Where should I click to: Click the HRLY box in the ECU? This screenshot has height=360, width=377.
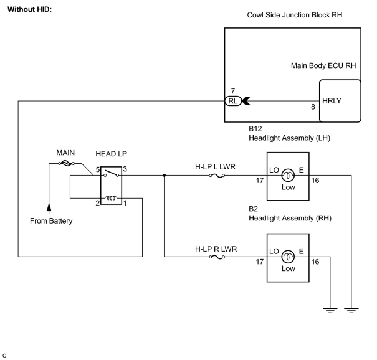click(x=340, y=101)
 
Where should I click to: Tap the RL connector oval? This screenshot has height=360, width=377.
click(x=233, y=101)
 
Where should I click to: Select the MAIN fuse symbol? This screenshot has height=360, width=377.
click(x=66, y=163)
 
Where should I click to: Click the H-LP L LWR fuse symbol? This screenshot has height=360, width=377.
click(x=217, y=176)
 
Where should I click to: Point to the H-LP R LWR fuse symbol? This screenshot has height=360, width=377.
click(x=217, y=257)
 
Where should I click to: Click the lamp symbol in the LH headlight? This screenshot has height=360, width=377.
click(x=288, y=176)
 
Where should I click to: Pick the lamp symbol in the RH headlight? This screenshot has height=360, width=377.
click(x=288, y=257)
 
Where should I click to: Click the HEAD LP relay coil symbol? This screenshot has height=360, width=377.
click(x=111, y=198)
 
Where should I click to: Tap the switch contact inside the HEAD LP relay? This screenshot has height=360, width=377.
click(x=111, y=173)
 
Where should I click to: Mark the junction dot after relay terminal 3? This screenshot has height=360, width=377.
click(x=164, y=175)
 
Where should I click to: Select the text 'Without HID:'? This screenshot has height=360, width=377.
click(x=30, y=9)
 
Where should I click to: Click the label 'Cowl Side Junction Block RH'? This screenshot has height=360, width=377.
click(x=294, y=15)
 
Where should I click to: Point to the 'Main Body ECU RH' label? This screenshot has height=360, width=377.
click(x=323, y=66)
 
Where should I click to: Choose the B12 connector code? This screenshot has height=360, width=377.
click(x=255, y=128)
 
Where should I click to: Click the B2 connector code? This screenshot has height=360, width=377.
click(x=253, y=209)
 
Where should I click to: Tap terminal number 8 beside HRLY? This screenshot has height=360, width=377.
click(x=313, y=107)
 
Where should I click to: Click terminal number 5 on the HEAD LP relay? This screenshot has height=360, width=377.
click(x=98, y=170)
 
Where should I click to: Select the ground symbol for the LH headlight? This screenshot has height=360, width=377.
click(x=351, y=310)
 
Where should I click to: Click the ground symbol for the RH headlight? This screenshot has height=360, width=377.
click(x=330, y=310)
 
